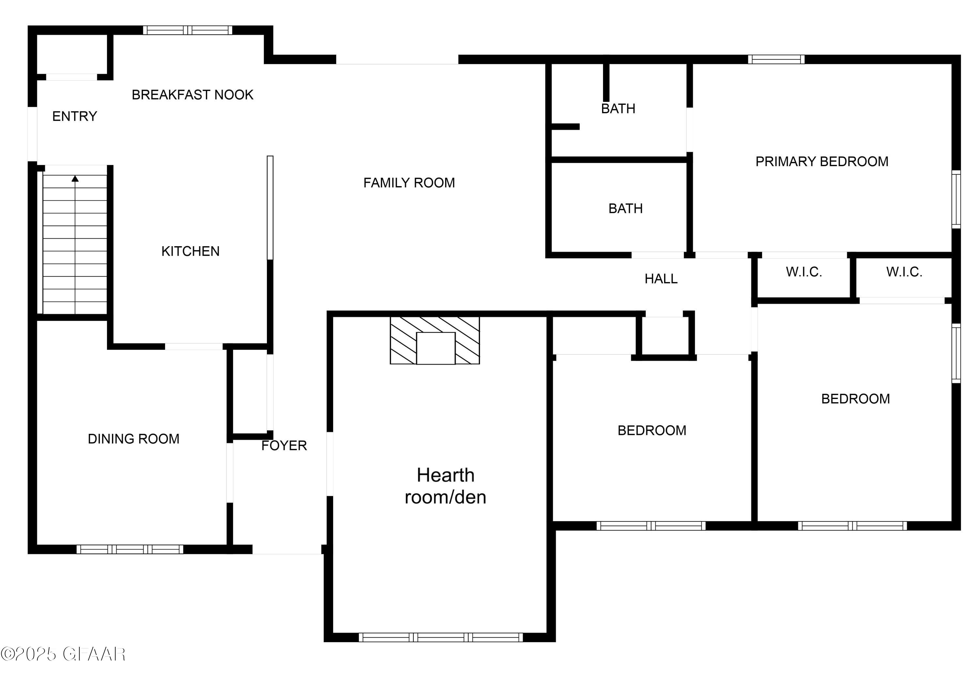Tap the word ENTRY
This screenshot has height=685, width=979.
(75, 116)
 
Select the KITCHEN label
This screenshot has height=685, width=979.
(190, 251)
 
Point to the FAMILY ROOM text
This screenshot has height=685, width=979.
(409, 183)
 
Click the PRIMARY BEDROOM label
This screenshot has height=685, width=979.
(822, 162)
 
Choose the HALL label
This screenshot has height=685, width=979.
(661, 279)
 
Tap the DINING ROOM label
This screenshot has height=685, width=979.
(133, 439)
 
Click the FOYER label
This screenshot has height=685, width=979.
(284, 446)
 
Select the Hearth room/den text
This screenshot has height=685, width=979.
(445, 486)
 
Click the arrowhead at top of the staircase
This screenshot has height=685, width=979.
(75, 178)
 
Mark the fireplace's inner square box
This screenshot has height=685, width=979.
(435, 348)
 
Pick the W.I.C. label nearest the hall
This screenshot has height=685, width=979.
(804, 272)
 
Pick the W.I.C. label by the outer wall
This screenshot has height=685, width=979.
(904, 272)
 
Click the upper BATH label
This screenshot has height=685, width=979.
(618, 109)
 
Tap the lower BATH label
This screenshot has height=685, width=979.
(625, 209)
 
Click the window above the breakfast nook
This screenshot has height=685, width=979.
(187, 30)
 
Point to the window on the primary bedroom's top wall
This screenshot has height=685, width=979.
(776, 59)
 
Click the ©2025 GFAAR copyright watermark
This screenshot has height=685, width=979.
(63, 654)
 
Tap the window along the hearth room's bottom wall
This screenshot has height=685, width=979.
(441, 637)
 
